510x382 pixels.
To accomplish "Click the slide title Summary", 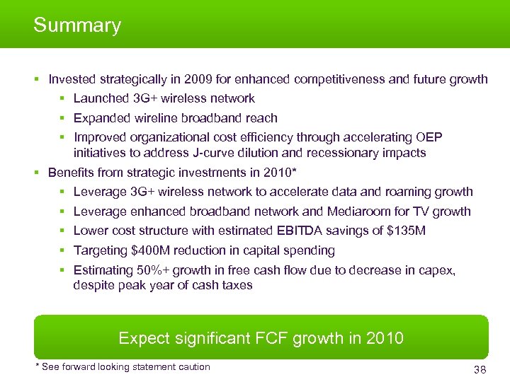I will click(x=77, y=25).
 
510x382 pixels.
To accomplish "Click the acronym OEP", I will click(x=431, y=137).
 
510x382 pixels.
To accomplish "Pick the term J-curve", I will click(x=198, y=153).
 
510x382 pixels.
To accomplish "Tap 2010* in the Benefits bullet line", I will click(x=280, y=172).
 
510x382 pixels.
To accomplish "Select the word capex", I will click(x=436, y=270).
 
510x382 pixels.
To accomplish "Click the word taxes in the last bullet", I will click(x=236, y=286).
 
